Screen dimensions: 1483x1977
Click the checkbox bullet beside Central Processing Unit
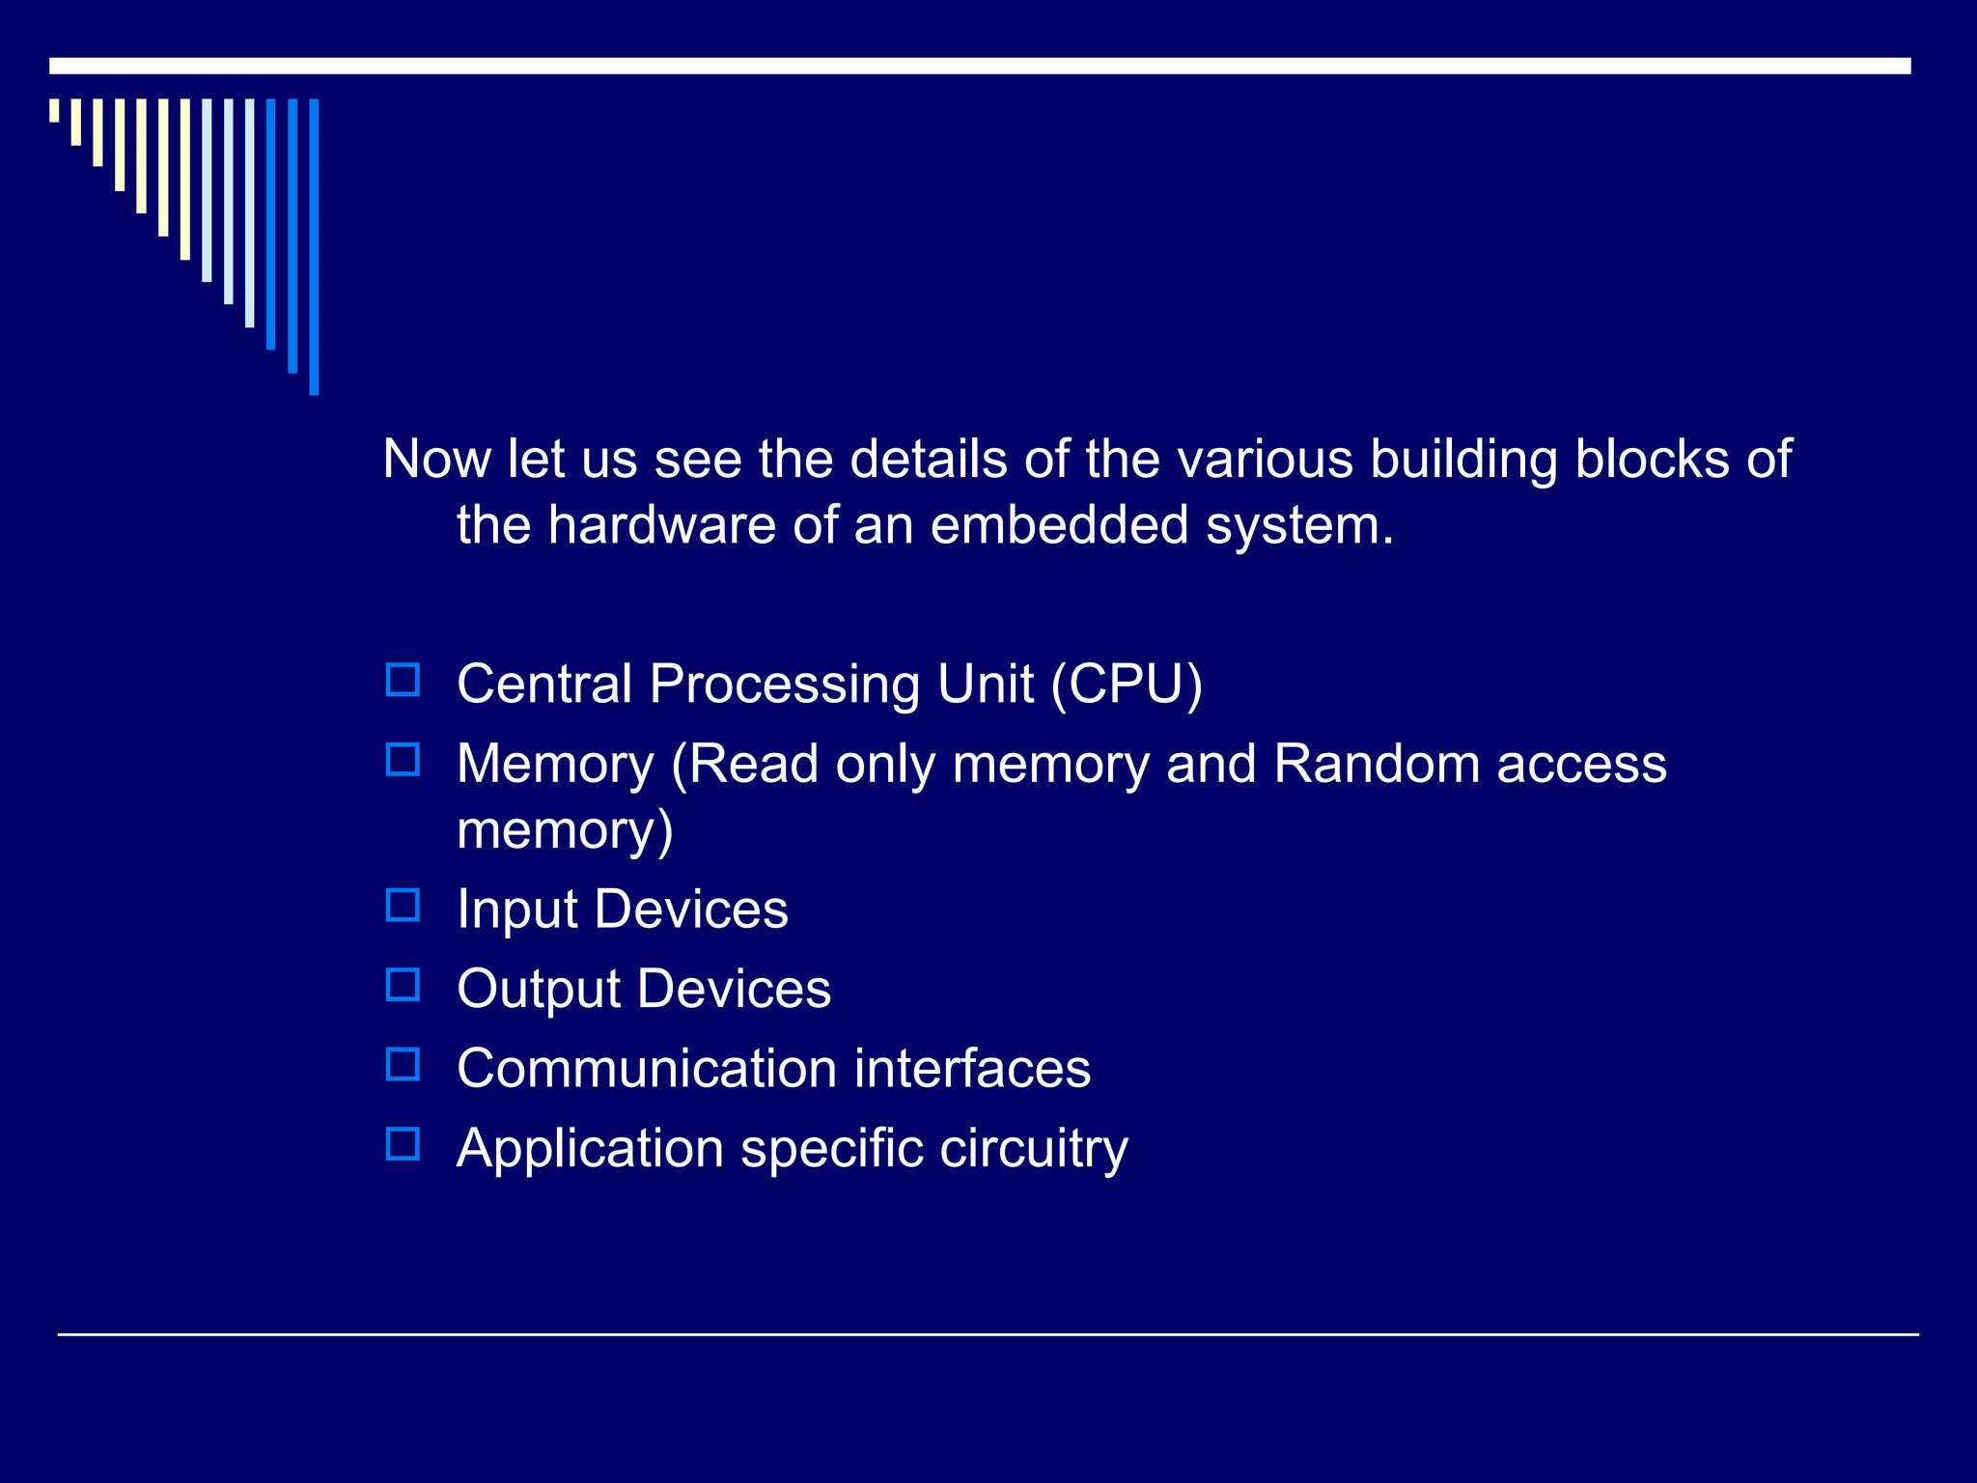pyautogui.click(x=403, y=680)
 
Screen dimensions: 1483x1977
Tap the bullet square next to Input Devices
pyautogui.click(x=403, y=906)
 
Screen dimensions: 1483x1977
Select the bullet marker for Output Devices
pyautogui.click(x=403, y=985)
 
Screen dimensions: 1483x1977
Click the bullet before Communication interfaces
pyautogui.click(x=403, y=1064)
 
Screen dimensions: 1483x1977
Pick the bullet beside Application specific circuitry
pyautogui.click(x=403, y=1144)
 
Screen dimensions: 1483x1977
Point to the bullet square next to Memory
pyautogui.click(x=403, y=760)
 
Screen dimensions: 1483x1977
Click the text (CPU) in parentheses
pyautogui.click(x=1127, y=684)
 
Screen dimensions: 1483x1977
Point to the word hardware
pyautogui.click(x=661, y=525)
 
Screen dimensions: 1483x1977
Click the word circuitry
pyautogui.click(x=1034, y=1149)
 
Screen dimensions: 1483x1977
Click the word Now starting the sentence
pyautogui.click(x=437, y=459)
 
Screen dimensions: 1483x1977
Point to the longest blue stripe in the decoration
pyautogui.click(x=314, y=246)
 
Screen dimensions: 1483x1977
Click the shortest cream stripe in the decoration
pyautogui.click(x=54, y=110)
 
